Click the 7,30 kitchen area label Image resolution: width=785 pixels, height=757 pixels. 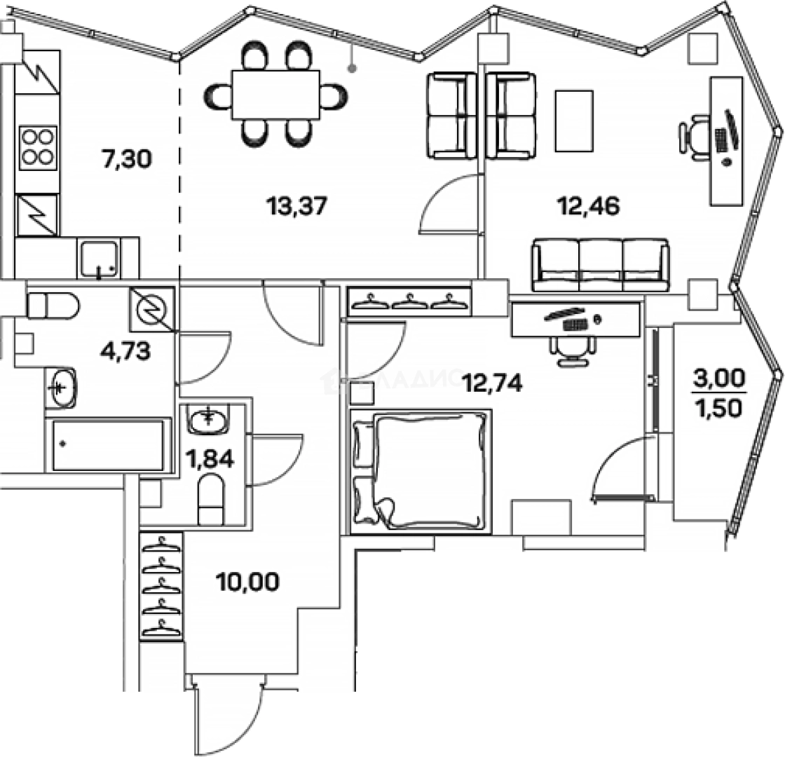[126, 159]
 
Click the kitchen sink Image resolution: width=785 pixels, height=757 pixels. [99, 259]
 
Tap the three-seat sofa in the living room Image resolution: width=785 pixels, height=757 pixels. [601, 265]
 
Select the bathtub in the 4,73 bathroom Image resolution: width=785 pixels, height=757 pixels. [109, 446]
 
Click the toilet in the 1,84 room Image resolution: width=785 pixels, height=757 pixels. [210, 500]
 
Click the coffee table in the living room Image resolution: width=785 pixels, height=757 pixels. [574, 121]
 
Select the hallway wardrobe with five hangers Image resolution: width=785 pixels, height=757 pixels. [161, 585]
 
